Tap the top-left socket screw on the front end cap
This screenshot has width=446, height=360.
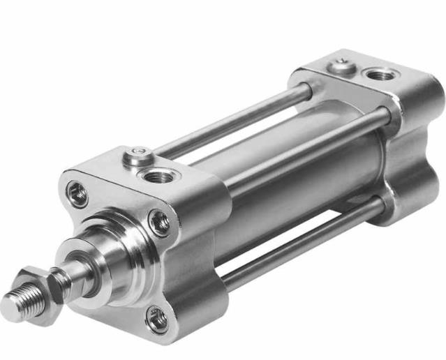[x=77, y=193]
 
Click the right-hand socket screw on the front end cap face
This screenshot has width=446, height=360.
[x=160, y=222]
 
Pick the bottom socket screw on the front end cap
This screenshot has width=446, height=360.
[x=157, y=319]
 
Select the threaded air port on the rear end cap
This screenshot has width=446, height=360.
[x=381, y=74]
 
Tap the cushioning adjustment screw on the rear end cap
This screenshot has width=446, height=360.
[x=341, y=66]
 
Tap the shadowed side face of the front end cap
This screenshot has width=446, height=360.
[x=202, y=279]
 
